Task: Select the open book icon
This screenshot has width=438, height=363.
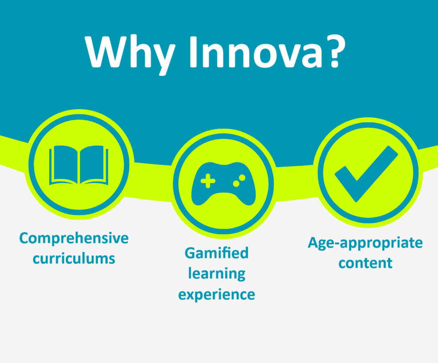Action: point(79,165)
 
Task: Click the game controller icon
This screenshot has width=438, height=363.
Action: point(224,184)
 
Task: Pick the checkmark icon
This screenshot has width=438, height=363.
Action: point(366,174)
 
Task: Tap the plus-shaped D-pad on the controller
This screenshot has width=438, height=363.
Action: point(208,181)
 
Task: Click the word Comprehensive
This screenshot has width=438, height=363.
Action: point(74,238)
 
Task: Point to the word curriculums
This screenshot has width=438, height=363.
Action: point(74,258)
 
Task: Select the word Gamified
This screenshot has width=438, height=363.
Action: point(216,253)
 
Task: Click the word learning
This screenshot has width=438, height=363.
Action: point(217,274)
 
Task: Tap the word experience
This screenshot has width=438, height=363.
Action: point(217,295)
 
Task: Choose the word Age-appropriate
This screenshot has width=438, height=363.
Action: point(365,243)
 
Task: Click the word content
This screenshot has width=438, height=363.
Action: point(365,263)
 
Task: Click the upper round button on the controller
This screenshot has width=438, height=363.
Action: point(242,178)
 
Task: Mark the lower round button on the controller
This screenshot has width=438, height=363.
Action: point(236,184)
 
